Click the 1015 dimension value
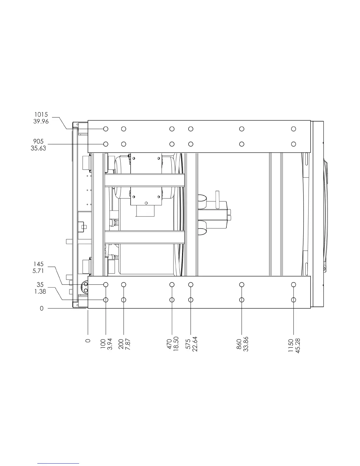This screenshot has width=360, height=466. [41, 114]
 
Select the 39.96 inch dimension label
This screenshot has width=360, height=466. [41, 122]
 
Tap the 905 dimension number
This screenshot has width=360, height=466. [38, 142]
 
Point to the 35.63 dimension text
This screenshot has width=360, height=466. [38, 148]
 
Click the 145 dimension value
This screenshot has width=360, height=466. [38, 264]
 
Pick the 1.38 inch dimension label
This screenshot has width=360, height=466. [40, 292]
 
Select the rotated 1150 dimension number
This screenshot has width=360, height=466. [291, 345]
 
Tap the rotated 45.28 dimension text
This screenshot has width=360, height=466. [298, 346]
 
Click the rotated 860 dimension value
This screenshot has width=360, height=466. [239, 344]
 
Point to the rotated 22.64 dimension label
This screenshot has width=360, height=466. [195, 344]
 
